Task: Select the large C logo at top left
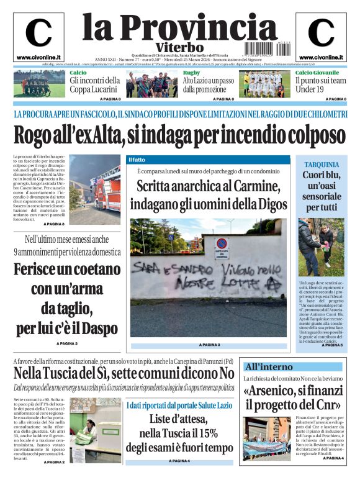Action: tap(38, 34)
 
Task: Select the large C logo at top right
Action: tap(321, 34)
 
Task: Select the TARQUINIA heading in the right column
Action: tap(322, 165)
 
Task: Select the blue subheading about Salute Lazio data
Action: tap(179, 405)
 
